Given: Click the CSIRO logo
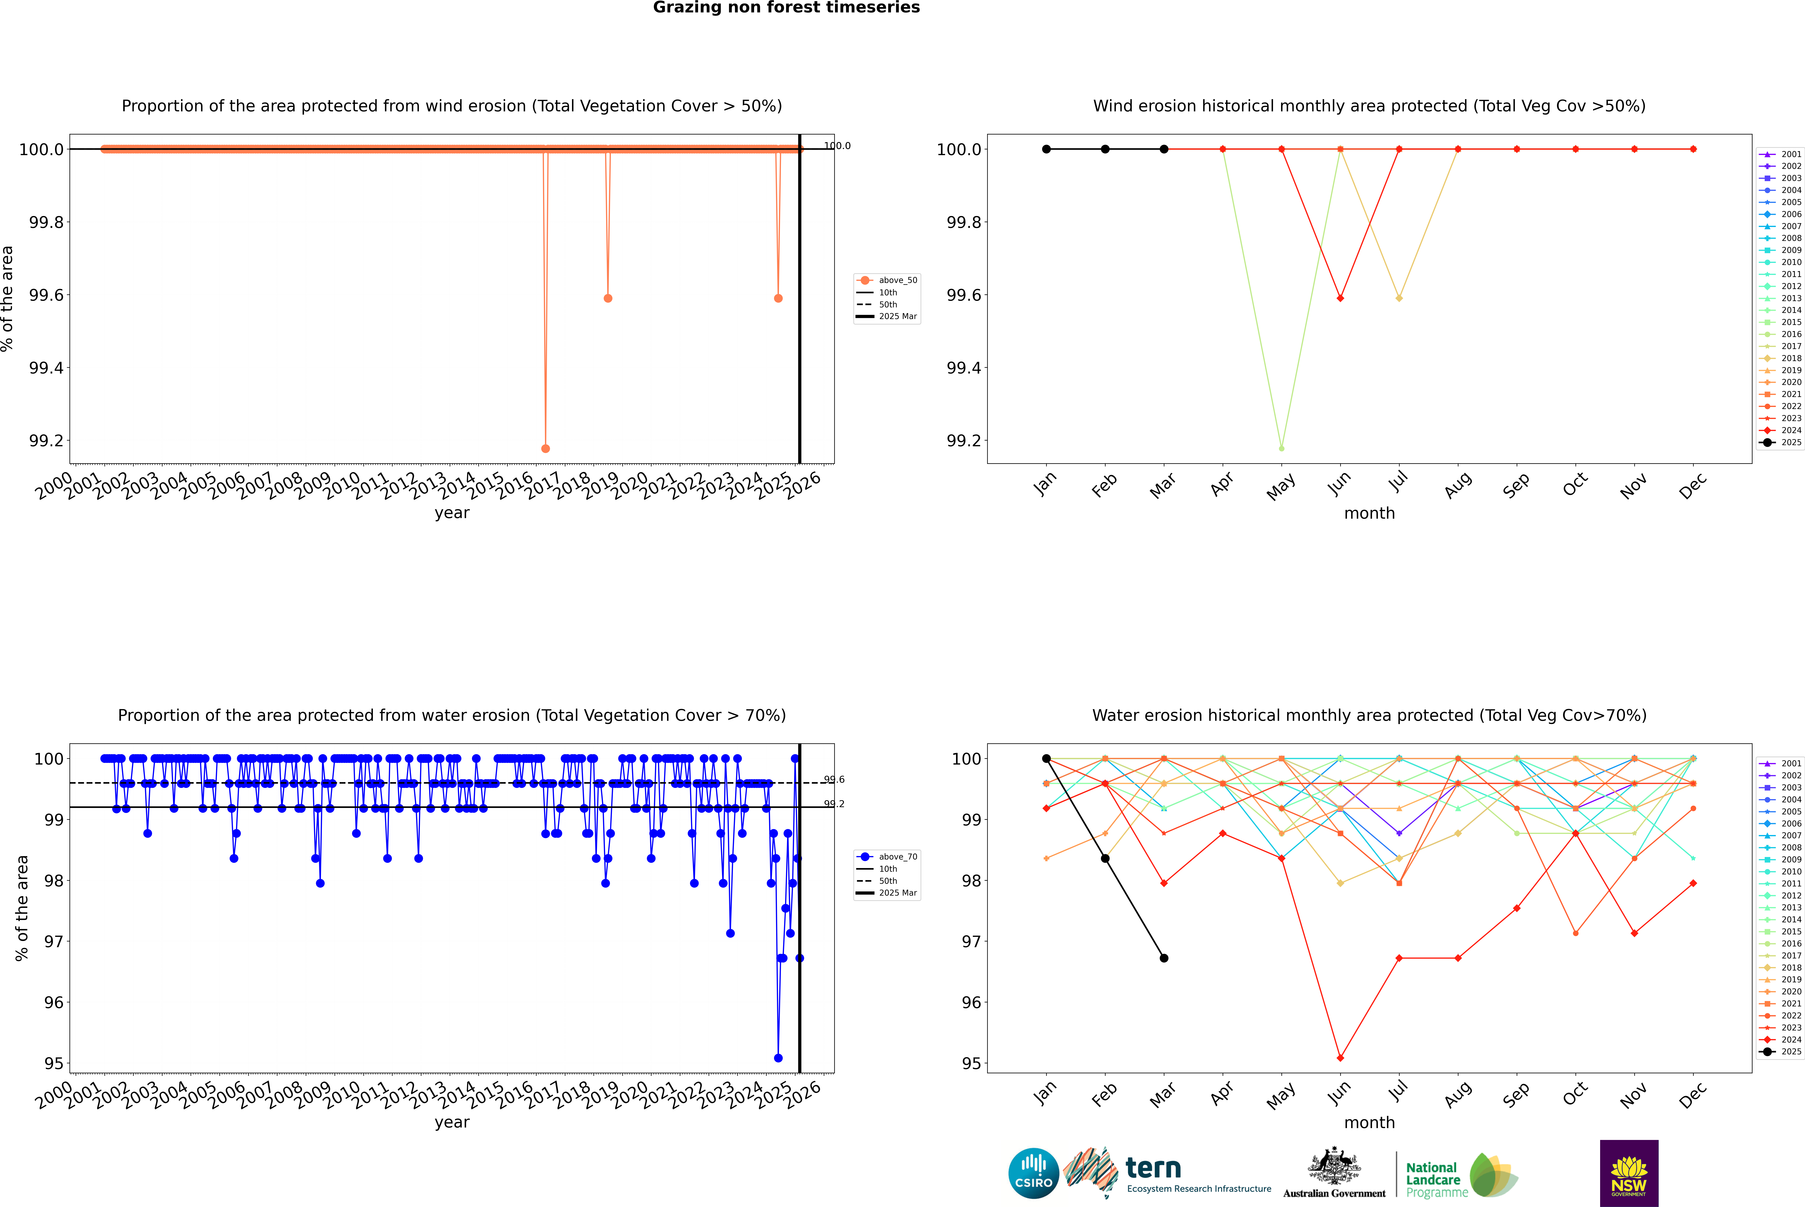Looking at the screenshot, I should pos(1033,1173).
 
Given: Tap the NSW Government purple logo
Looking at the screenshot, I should pos(1629,1173).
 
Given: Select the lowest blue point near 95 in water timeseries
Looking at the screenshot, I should pos(778,1058).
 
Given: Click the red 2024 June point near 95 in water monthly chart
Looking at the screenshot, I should pos(1340,1058).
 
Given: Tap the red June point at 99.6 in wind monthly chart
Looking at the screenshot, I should pos(1340,298).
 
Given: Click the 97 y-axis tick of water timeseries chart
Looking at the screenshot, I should pos(54,941).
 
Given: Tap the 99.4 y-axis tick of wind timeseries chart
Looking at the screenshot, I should pos(46,368).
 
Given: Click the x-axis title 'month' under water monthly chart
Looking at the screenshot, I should pos(1369,1122).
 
